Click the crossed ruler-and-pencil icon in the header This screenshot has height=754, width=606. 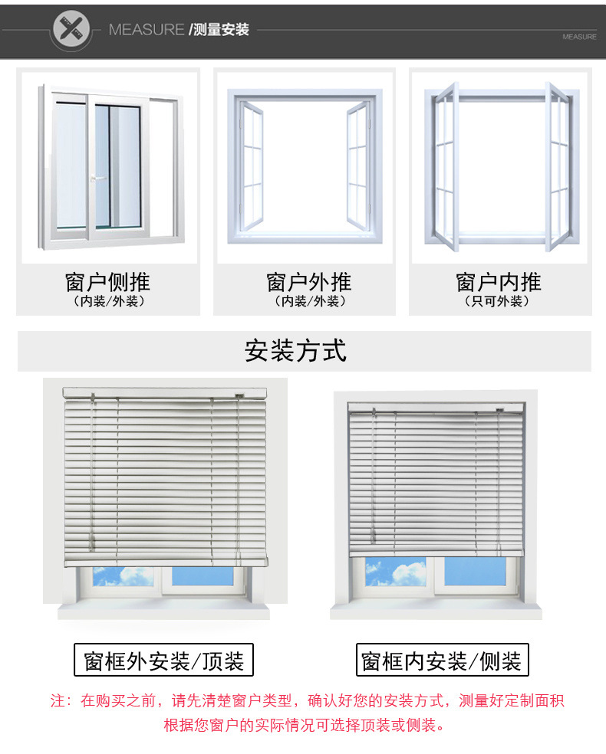(71, 31)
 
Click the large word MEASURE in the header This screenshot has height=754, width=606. (147, 30)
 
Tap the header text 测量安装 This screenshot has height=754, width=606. (221, 30)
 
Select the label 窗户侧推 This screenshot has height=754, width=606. (107, 282)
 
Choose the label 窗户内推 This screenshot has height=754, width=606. (499, 282)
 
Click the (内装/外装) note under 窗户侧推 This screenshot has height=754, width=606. (107, 302)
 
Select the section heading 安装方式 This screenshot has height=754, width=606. (296, 350)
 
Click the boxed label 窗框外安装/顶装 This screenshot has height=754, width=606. (163, 661)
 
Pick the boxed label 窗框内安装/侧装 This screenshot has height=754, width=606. (442, 661)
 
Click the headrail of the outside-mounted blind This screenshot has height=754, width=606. (164, 392)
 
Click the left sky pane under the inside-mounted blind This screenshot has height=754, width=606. (395, 572)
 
